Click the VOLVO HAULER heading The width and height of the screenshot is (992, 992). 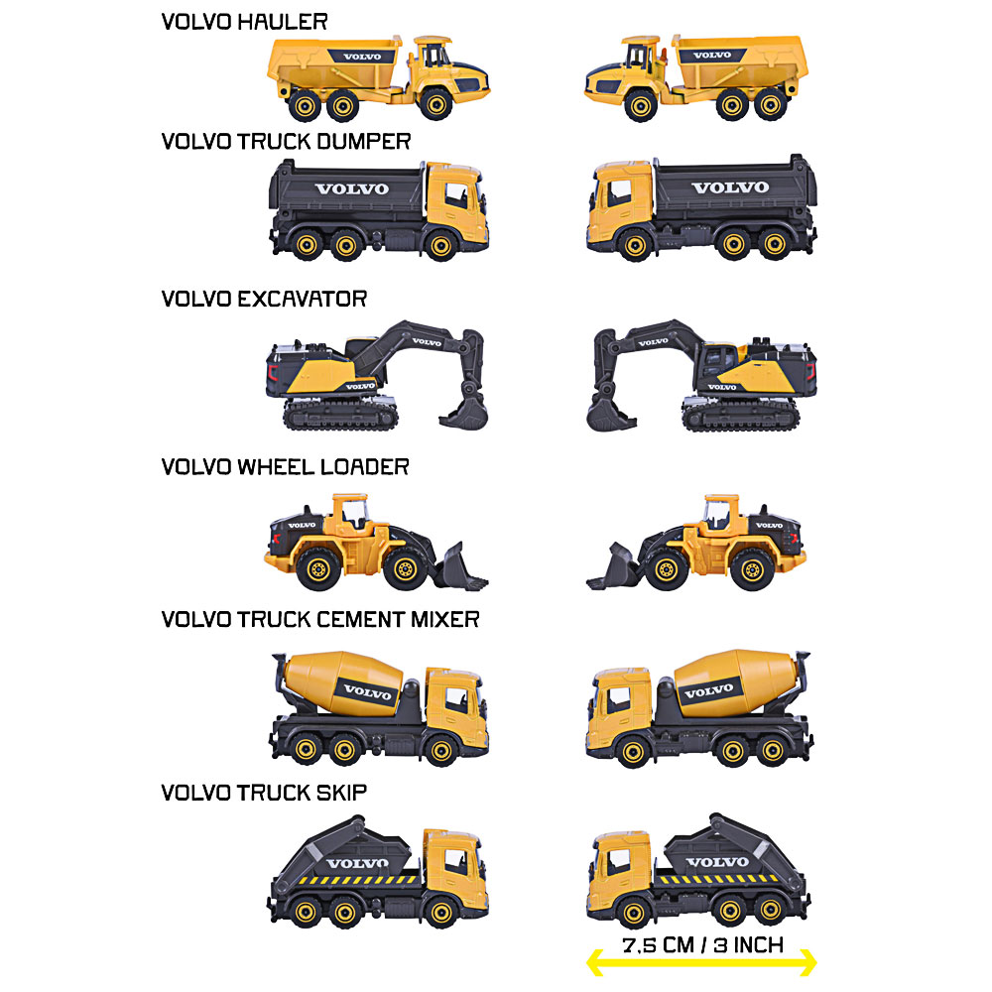pos(244,22)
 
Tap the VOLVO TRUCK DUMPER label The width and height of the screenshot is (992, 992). pos(286,141)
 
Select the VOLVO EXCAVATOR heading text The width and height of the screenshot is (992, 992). pos(264,299)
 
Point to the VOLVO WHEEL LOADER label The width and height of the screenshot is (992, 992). pos(286,467)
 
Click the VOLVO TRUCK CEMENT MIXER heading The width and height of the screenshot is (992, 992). pos(320,619)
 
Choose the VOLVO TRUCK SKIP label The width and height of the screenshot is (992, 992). pos(264,793)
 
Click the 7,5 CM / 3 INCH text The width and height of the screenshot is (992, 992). pos(703,945)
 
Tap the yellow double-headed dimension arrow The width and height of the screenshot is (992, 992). pos(701,963)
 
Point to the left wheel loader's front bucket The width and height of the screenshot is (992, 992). pos(461,568)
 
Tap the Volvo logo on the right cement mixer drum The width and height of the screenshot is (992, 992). pos(709,690)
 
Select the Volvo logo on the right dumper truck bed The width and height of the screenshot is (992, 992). pos(730,187)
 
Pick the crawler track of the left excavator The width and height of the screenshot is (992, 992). pos(340,415)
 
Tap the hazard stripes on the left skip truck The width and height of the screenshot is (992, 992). pos(357,879)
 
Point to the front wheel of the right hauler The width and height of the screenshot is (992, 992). pos(641,106)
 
